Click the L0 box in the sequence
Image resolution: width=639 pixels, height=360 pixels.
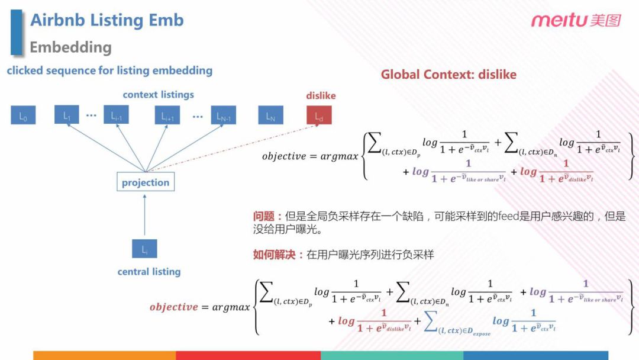pyautogui.click(x=23, y=115)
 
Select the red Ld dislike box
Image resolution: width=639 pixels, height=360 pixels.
pyautogui.click(x=319, y=115)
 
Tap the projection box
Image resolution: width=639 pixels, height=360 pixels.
pyautogui.click(x=146, y=182)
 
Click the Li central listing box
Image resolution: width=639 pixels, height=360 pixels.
pyautogui.click(x=144, y=249)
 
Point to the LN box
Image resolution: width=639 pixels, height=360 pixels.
pyautogui.click(x=270, y=115)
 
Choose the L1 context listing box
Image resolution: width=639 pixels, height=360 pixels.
pyautogui.click(x=67, y=115)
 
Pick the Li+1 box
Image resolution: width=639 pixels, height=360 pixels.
pyautogui.click(x=167, y=115)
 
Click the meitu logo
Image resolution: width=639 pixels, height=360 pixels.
pyautogui.click(x=575, y=21)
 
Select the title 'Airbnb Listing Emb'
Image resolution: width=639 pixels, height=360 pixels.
pyautogui.click(x=107, y=20)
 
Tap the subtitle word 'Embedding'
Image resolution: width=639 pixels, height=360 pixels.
pyautogui.click(x=70, y=47)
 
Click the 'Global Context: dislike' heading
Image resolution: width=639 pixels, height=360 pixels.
pyautogui.click(x=448, y=75)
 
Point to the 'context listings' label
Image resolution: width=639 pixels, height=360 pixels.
pyautogui.click(x=158, y=95)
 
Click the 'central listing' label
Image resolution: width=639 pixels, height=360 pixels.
pyautogui.click(x=149, y=272)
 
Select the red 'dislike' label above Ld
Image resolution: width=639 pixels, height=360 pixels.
pyautogui.click(x=321, y=96)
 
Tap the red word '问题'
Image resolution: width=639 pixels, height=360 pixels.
pyautogui.click(x=264, y=217)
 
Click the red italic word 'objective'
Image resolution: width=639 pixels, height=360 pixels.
pyautogui.click(x=173, y=307)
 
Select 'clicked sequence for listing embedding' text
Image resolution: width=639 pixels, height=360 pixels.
pyautogui.click(x=109, y=70)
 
